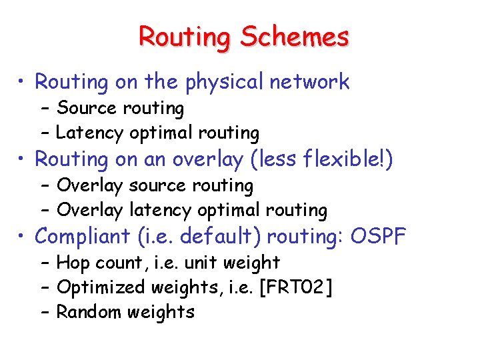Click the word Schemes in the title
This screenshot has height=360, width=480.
pyautogui.click(x=295, y=37)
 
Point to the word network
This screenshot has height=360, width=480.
pyautogui.click(x=309, y=82)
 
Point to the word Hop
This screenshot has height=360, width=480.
pyautogui.click(x=72, y=263)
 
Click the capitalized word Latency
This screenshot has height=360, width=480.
pyautogui.click(x=89, y=133)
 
